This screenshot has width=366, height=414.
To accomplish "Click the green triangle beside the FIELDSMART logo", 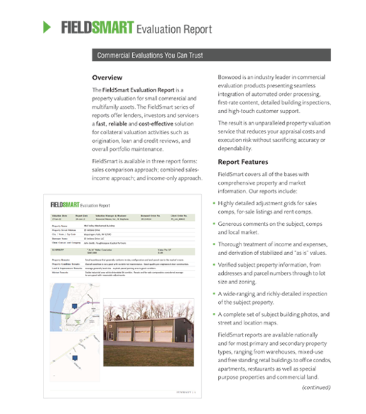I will pyautogui.click(x=46, y=28).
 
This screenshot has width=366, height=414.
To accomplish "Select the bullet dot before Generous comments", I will pyautogui.click(x=215, y=224).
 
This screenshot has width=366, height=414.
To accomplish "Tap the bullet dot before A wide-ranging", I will pyautogui.click(x=215, y=302).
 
